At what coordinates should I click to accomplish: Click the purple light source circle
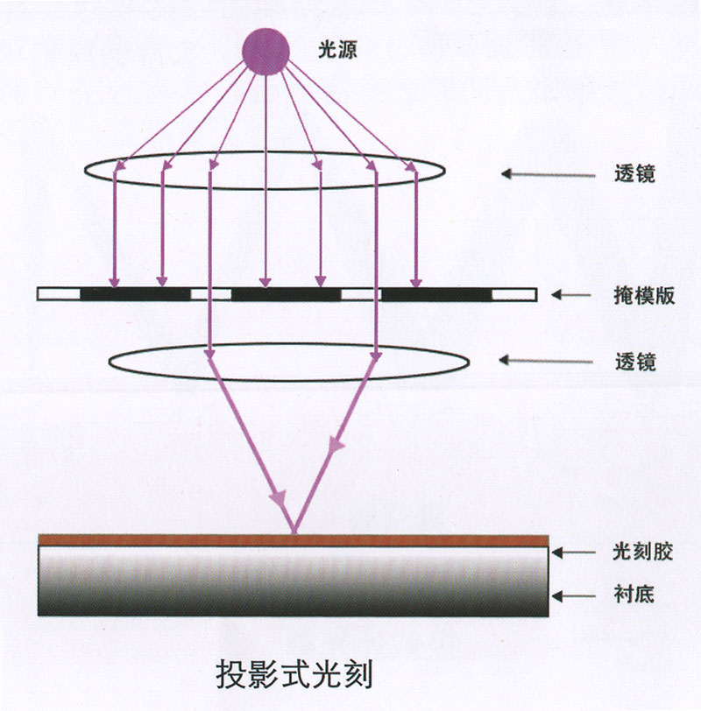266,52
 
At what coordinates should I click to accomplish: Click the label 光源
337,49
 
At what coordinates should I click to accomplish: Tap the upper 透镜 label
634,173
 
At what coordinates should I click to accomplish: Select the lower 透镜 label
635,363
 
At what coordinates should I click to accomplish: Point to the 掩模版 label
644,296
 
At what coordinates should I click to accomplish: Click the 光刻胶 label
642,552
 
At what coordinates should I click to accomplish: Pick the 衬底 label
634,594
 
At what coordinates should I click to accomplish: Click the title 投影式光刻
294,675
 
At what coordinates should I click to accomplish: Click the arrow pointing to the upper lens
549,174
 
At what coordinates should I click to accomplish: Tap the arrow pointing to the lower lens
546,361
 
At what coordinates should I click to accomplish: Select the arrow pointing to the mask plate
570,295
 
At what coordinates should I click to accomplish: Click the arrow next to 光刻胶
573,553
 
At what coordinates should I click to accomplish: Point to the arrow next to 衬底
573,595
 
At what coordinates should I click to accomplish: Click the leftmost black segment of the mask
136,294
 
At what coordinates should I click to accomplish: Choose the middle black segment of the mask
286,294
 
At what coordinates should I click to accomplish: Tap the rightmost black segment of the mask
436,294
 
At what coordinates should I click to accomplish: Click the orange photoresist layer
294,540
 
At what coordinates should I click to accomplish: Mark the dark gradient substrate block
293,581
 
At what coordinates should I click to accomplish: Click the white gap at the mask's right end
514,295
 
